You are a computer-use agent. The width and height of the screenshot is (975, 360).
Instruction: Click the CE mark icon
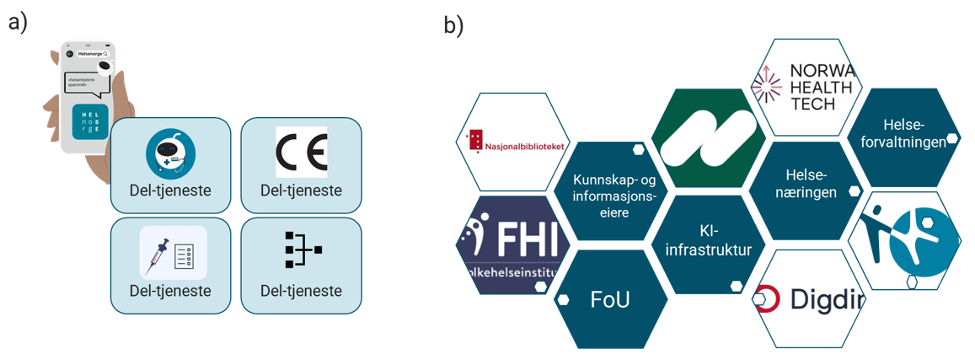(301, 152)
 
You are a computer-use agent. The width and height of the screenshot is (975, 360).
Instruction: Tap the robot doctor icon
(170, 155)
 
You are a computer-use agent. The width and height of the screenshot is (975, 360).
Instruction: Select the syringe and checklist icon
(173, 253)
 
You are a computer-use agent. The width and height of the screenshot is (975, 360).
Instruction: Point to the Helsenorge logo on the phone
(90, 123)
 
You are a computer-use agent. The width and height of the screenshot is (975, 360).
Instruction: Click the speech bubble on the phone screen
(87, 83)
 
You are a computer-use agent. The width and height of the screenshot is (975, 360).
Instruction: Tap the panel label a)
(18, 22)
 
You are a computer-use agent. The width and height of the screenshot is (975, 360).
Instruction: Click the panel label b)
(453, 25)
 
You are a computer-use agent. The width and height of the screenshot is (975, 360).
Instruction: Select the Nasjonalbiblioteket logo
(514, 143)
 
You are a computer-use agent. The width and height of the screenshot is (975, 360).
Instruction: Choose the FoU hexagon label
(610, 300)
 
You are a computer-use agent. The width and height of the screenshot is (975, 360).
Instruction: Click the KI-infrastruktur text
(708, 240)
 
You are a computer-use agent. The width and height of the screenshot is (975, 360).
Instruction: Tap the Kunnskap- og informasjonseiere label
(613, 196)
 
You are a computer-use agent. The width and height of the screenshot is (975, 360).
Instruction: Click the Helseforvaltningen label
(903, 134)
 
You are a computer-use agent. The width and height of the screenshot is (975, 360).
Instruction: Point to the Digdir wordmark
(822, 299)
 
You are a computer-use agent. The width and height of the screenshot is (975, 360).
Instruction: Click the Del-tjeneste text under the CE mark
(301, 191)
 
